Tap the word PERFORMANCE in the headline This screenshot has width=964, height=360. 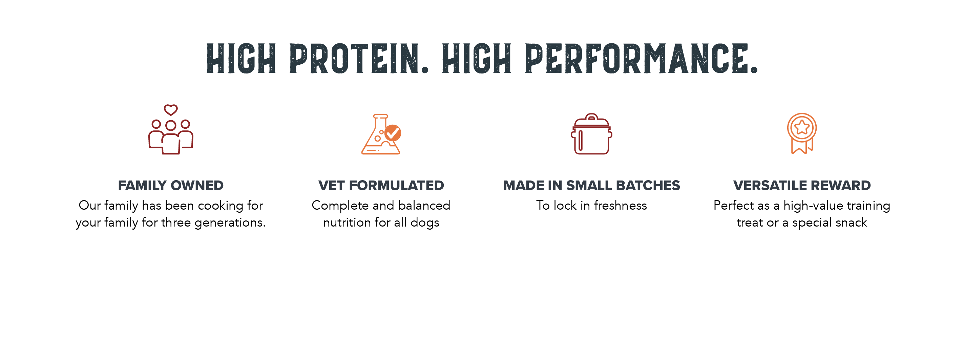pyautogui.click(x=642, y=58)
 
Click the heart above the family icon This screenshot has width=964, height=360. pyautogui.click(x=171, y=110)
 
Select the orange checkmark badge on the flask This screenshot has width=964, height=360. pyautogui.click(x=393, y=132)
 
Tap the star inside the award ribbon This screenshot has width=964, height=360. pyautogui.click(x=802, y=127)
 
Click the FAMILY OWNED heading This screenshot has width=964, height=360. pyautogui.click(x=171, y=186)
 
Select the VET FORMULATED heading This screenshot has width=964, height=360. pyautogui.click(x=381, y=186)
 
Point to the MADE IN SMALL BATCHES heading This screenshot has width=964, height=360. pyautogui.click(x=591, y=186)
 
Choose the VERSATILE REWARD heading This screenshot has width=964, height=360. pyautogui.click(x=802, y=186)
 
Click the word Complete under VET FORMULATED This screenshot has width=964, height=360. pyautogui.click(x=340, y=206)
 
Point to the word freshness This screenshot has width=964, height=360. pyautogui.click(x=620, y=206)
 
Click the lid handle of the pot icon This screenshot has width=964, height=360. pyautogui.click(x=591, y=117)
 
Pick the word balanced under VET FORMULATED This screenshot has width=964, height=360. pyautogui.click(x=424, y=206)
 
